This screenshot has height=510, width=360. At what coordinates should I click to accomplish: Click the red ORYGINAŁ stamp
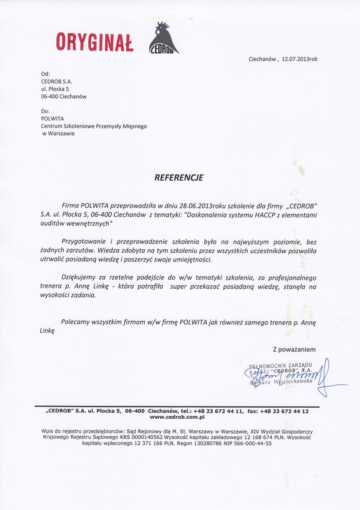tap(95, 42)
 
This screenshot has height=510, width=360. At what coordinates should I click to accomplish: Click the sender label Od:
tap(45, 74)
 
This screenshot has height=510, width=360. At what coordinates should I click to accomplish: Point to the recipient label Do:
tap(45, 111)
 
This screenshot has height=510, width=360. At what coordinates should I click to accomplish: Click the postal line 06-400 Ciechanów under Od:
tap(64, 96)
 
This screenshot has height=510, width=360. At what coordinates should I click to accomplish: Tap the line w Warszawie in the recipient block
tap(58, 134)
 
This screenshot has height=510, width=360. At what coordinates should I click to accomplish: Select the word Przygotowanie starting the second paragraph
tap(86, 242)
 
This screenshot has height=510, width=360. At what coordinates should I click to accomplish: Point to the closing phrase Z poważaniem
tap(294, 349)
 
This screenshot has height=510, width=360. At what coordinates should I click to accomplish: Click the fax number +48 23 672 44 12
tap(284, 411)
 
